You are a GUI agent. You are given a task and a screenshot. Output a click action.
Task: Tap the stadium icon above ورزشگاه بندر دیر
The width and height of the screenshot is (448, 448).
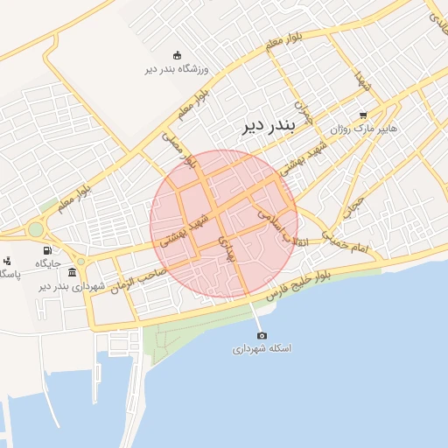pyautogui.click(x=178, y=54)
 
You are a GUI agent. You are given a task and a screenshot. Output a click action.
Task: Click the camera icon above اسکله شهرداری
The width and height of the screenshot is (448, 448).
pyautogui.click(x=261, y=335)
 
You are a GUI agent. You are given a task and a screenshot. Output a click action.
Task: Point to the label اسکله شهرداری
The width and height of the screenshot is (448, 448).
pyautogui.click(x=261, y=348)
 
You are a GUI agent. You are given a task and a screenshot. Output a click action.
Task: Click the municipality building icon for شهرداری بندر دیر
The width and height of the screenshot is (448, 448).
pyautogui.click(x=71, y=273)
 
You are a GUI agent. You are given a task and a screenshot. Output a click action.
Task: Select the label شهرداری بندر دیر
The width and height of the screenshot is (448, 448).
pyautogui.click(x=72, y=286)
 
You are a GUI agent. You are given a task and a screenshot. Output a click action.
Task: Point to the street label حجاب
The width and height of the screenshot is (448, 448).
pyautogui.click(x=352, y=203)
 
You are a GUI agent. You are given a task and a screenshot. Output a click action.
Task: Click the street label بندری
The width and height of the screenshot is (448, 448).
pyautogui.click(x=227, y=249)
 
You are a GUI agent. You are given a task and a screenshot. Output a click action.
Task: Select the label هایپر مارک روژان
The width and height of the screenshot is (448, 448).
pyautogui.click(x=363, y=128)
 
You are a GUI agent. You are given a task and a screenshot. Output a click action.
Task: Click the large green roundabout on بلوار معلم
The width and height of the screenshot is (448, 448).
pyautogui.click(x=36, y=229)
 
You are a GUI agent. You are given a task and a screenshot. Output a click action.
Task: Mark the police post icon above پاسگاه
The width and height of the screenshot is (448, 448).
pyautogui.click(x=8, y=260)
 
